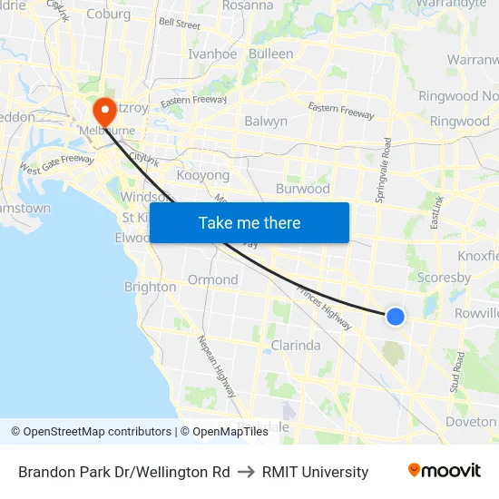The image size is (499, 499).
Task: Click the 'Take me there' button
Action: pos(249,222)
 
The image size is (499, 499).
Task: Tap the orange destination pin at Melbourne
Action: pos(104,112)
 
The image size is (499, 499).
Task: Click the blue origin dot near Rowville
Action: pos(396,316)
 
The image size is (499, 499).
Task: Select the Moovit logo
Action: pos(444,470)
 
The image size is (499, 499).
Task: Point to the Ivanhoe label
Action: pos(211,54)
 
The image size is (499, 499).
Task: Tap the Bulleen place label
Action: pos(270,54)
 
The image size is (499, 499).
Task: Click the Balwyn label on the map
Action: pos(266,121)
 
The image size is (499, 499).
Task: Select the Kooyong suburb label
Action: pos(203,174)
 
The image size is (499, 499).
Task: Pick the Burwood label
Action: pos(302,190)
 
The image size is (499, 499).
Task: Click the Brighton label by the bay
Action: pos(150,287)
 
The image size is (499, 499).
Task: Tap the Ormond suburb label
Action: pos(212,279)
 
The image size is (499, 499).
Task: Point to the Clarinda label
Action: pos(296,345)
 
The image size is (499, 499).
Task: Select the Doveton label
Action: pos(471,421)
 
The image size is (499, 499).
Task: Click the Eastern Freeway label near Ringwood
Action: pos(341,111)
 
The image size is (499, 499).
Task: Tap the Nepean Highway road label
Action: pos(217,367)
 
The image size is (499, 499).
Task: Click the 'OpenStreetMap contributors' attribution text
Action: pos(93,432)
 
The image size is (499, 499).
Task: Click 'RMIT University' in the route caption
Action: pos(315,472)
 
